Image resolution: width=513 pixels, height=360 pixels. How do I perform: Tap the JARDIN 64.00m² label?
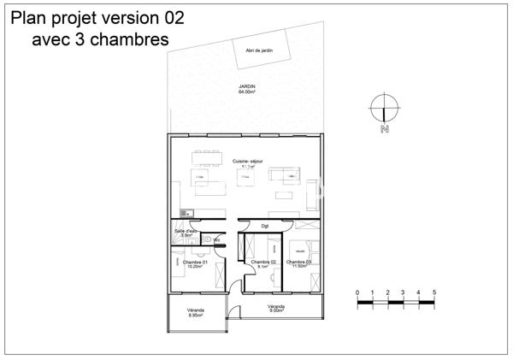[x=248, y=89]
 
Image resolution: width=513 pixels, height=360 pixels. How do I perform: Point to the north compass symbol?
[x=385, y=109]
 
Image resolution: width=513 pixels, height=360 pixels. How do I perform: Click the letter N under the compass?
[x=385, y=130]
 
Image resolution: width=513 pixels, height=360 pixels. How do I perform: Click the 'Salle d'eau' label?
[x=186, y=232]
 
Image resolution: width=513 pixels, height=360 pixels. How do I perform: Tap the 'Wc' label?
[x=217, y=240]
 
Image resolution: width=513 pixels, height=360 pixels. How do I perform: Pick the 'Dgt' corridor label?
[x=277, y=226]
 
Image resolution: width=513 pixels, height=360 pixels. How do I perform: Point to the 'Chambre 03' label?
[x=298, y=263]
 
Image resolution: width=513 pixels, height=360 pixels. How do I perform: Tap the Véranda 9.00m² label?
[x=275, y=308]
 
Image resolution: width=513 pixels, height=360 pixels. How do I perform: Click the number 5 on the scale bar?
[x=434, y=292]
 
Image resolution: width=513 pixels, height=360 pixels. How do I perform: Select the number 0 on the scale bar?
[x=357, y=292]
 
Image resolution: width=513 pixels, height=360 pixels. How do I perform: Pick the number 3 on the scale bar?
[x=404, y=292]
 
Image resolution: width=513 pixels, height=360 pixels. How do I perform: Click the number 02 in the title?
[x=170, y=17]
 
